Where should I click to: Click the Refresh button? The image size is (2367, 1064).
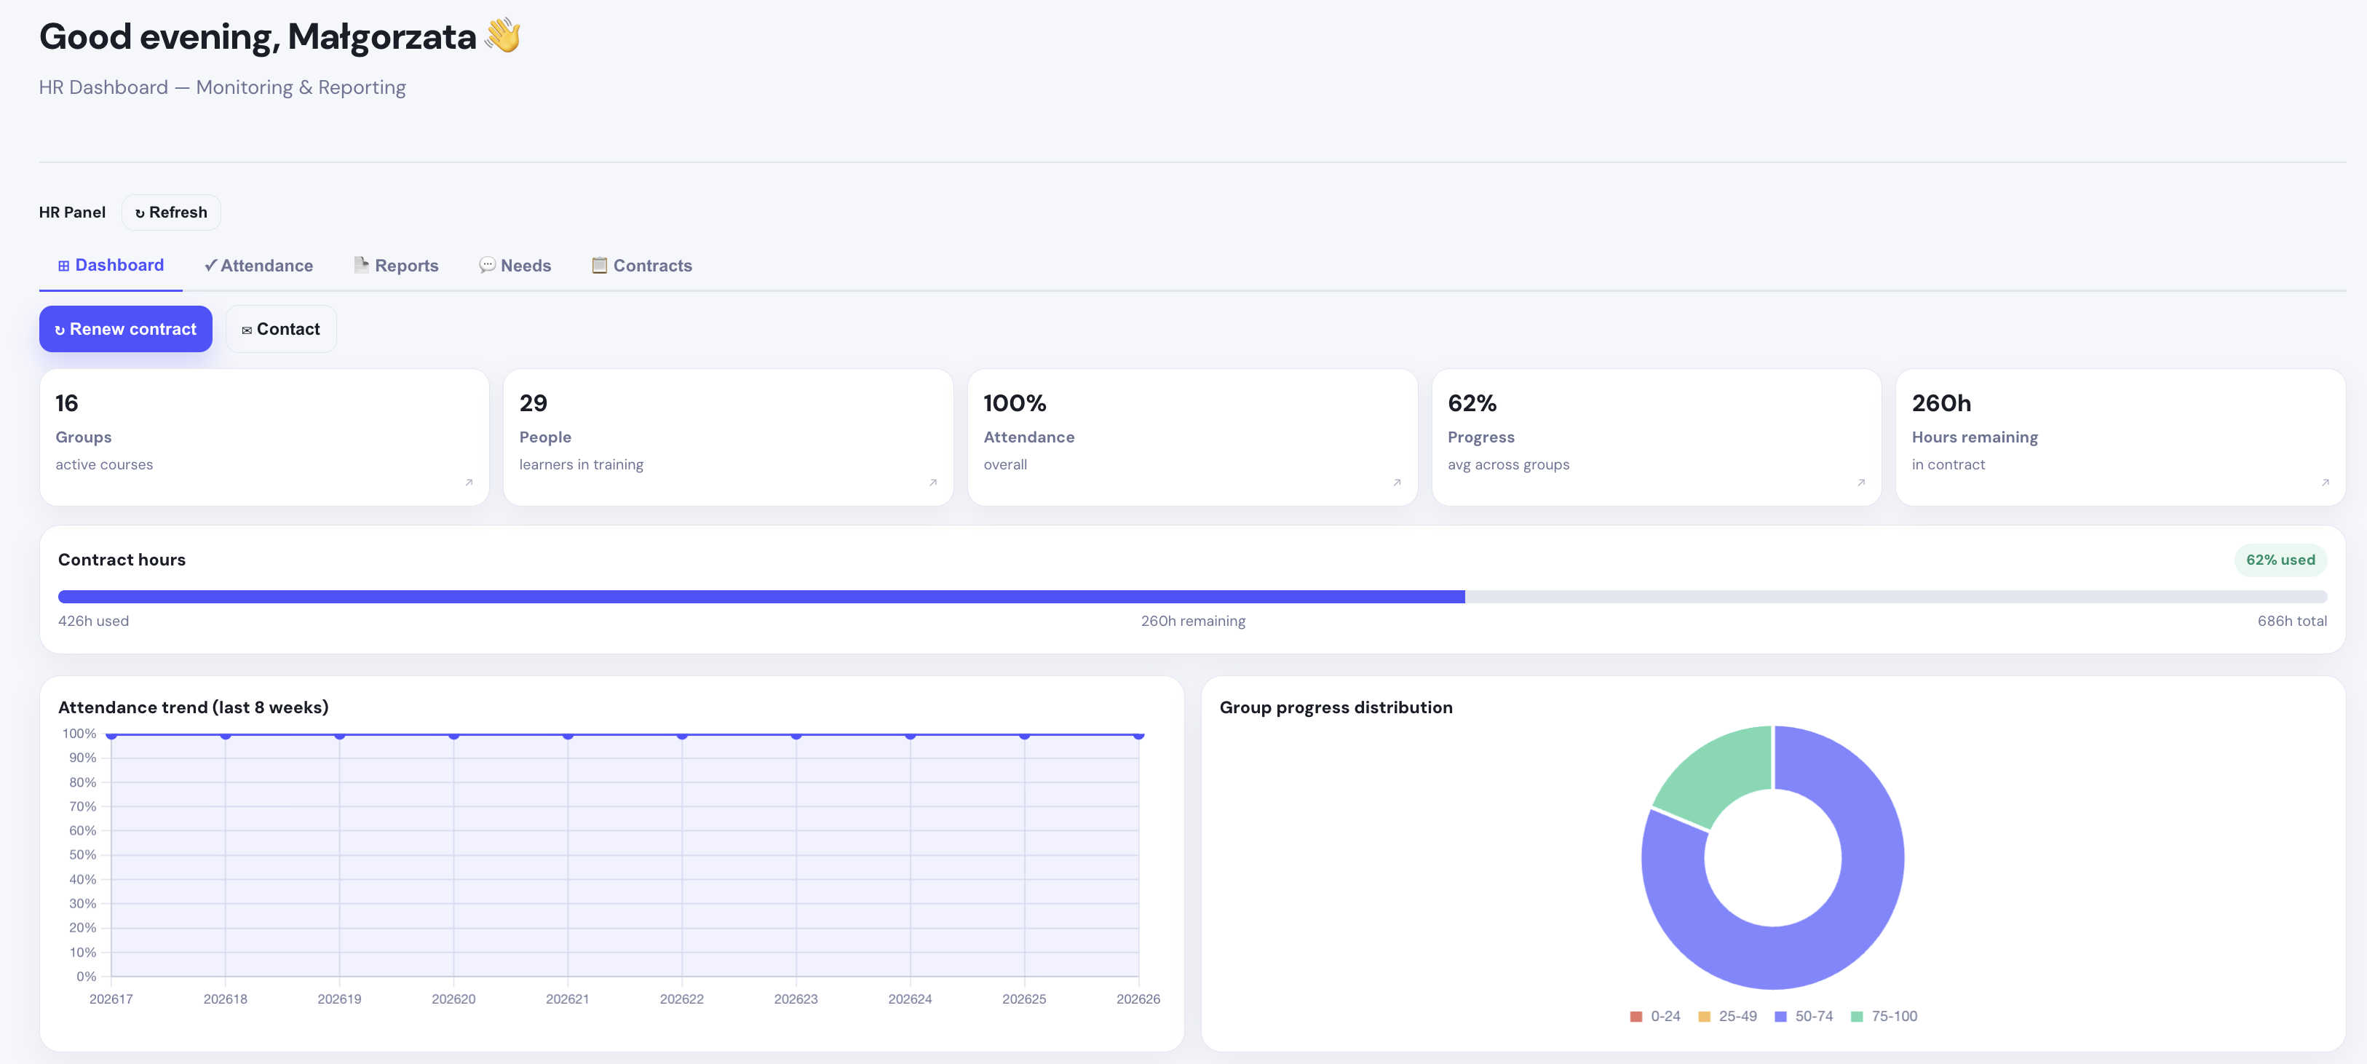coord(171,213)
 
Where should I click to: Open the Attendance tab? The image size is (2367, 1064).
coord(258,266)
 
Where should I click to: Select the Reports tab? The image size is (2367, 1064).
coord(397,266)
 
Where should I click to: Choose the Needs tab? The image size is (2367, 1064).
coord(515,266)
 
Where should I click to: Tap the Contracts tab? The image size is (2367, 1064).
coord(642,266)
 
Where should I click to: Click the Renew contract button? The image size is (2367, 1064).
coord(126,329)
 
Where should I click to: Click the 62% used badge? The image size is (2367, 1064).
coord(2280,560)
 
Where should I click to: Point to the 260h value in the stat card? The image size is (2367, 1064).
coord(1940,403)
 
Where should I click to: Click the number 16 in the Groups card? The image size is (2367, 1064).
coord(67,403)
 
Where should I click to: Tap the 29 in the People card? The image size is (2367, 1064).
coord(533,403)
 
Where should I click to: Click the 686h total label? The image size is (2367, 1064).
coord(2291,621)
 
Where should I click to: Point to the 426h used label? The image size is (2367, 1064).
coord(94,621)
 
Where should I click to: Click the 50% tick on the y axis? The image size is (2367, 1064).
coord(83,855)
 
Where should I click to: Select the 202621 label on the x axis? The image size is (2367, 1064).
coord(568,999)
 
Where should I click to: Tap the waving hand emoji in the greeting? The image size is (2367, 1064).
coord(504,36)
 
